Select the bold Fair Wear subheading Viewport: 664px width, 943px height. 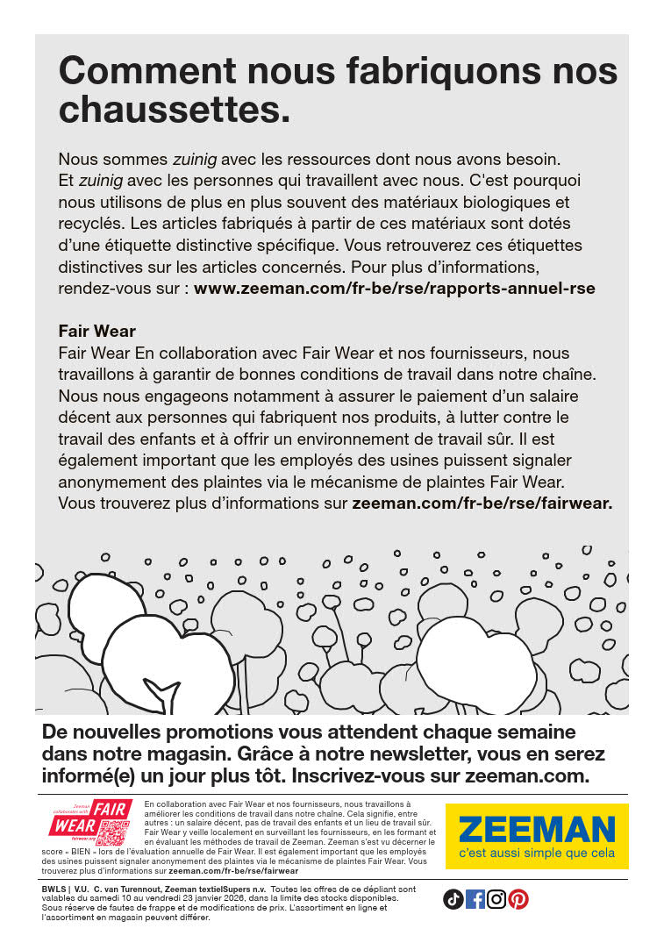tap(97, 332)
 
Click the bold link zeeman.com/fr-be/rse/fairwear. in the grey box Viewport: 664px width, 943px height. tap(482, 504)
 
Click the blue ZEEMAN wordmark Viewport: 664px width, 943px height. tap(536, 829)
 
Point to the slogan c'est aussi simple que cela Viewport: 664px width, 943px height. tap(536, 854)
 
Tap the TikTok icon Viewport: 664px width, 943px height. tap(453, 899)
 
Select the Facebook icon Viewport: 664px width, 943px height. tap(475, 899)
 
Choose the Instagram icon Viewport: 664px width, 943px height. tap(496, 899)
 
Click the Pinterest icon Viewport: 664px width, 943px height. tap(518, 899)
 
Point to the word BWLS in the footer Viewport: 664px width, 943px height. tap(55, 889)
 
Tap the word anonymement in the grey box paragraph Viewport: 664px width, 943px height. tap(111, 482)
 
